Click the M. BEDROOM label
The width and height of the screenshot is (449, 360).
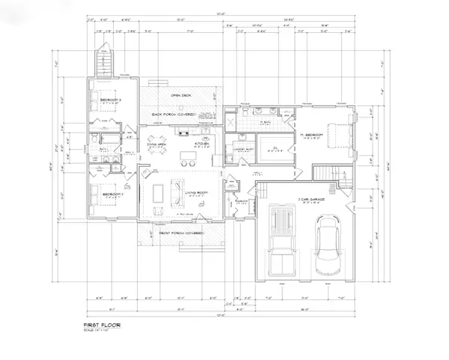pyautogui.click(x=311, y=135)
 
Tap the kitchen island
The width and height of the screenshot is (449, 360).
pyautogui.click(x=189, y=157)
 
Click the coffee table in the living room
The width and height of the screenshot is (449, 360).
pyautogui.click(x=159, y=193)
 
